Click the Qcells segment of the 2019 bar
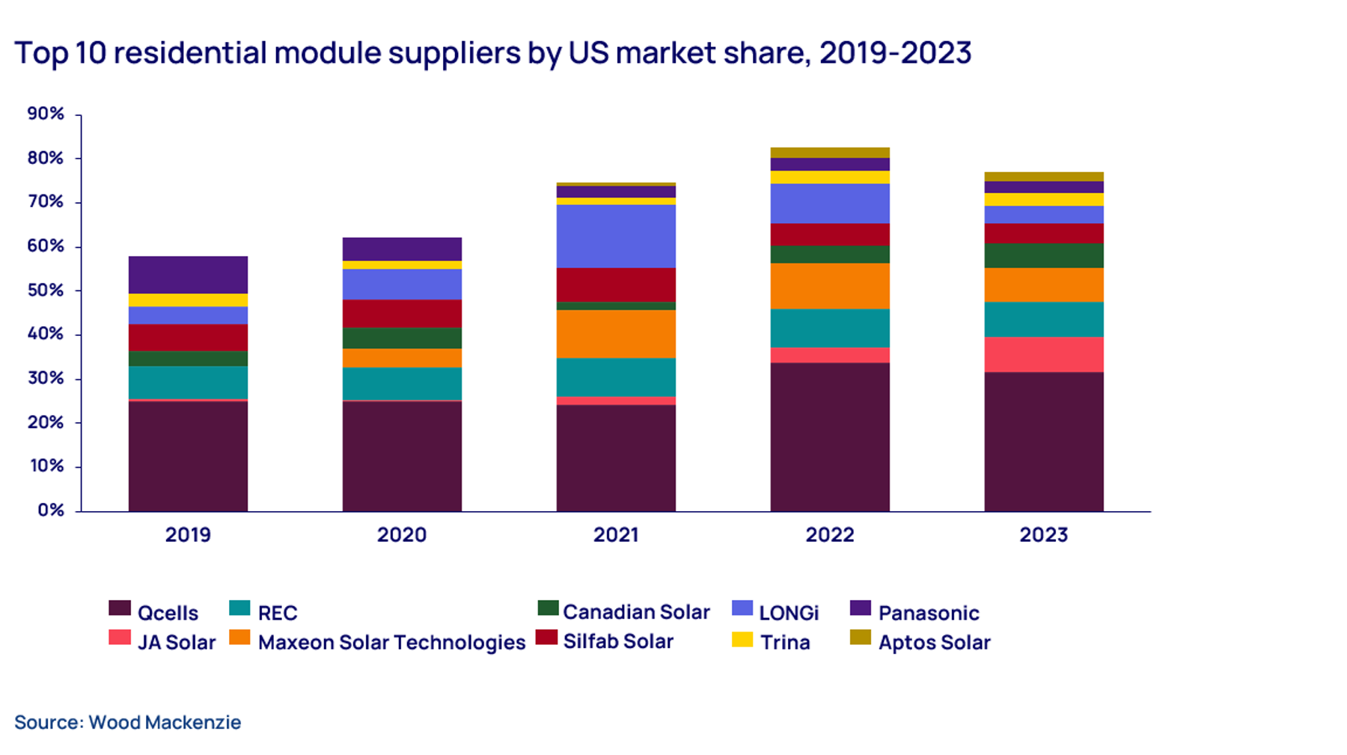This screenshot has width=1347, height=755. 188,456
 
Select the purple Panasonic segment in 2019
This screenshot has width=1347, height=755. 188,275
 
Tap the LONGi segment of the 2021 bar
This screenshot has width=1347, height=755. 616,236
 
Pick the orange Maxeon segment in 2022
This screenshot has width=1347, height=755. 830,286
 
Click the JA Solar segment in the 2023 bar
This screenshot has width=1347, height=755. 1043,354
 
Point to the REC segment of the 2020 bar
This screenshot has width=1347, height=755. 402,383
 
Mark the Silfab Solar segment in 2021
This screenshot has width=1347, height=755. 616,284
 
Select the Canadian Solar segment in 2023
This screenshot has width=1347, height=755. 1043,255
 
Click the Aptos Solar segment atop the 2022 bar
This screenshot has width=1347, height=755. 830,153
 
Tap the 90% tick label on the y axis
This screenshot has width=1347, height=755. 46,114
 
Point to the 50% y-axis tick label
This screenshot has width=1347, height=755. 46,290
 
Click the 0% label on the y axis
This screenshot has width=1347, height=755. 51,510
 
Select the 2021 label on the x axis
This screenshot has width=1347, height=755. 616,535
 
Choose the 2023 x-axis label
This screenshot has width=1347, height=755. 1043,535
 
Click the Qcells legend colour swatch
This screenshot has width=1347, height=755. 120,608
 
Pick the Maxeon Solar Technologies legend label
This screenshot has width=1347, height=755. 391,643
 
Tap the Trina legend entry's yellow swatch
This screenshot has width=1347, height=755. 742,640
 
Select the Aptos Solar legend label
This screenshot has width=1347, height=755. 934,643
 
